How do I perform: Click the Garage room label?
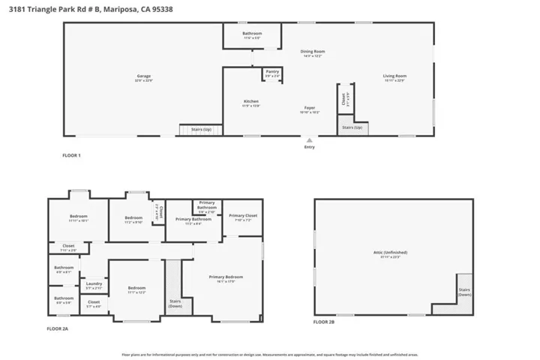(144, 76)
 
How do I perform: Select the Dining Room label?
(313, 52)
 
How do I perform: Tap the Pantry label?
(272, 72)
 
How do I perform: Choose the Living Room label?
(394, 76)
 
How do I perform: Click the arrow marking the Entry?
(309, 139)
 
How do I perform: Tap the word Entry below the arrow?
(309, 147)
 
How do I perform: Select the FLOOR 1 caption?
(70, 155)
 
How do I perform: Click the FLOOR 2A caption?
(59, 329)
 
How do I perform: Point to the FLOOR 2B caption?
(324, 322)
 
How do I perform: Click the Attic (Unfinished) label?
(394, 253)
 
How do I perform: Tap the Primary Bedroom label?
(226, 278)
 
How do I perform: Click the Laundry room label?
(94, 284)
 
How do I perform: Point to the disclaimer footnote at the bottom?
(269, 354)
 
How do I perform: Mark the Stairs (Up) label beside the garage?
(200, 130)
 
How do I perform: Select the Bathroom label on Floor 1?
(252, 34)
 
